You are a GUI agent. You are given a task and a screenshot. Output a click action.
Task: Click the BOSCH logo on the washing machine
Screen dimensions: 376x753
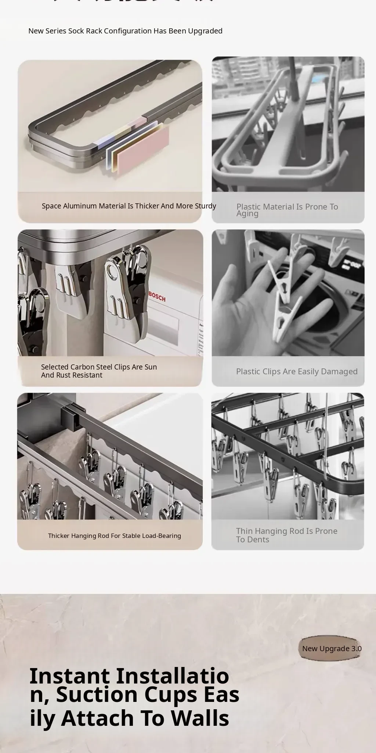[x=157, y=297]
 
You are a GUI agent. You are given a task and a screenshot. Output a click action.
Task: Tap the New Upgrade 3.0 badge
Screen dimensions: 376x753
[x=330, y=648]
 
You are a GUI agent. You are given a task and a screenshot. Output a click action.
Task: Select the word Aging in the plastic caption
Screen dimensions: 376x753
[x=247, y=214]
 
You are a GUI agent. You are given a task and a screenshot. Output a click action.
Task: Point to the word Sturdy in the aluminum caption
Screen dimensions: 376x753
[x=205, y=206]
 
